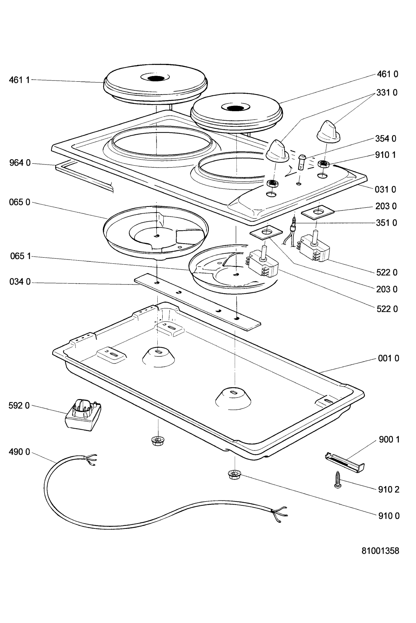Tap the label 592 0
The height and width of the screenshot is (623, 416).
[19, 406]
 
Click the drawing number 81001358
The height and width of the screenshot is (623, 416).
[380, 551]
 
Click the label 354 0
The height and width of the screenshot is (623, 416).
[386, 138]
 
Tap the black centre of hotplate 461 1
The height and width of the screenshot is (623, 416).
[156, 79]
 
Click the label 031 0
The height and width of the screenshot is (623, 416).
[386, 189]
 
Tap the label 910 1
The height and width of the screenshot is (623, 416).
[386, 155]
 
